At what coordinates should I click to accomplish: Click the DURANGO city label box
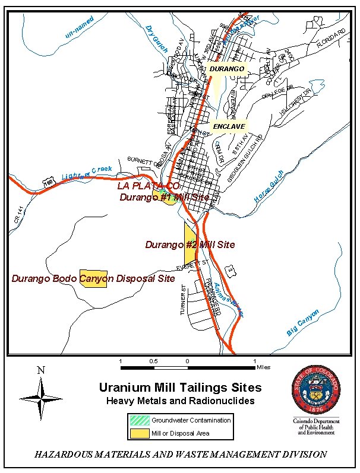[227, 69]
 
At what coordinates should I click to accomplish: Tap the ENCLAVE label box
[229, 126]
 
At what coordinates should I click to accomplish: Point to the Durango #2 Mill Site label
[190, 245]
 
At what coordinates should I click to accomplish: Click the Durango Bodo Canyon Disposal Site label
[93, 278]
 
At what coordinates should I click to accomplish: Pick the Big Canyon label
[303, 323]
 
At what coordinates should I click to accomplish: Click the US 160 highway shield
[49, 182]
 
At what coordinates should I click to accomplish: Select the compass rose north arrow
[40, 397]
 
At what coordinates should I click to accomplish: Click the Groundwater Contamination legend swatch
[139, 420]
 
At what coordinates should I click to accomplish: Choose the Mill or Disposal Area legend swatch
[139, 433]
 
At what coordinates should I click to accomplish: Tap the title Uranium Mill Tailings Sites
[180, 388]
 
